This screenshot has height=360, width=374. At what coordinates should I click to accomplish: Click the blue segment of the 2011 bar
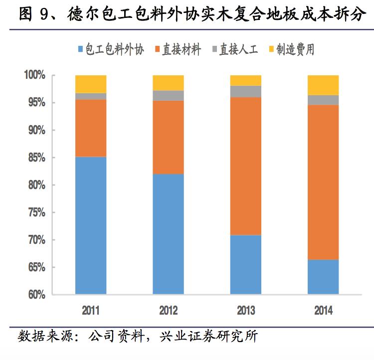coord(91,225)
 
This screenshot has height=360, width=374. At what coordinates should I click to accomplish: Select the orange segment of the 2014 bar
coord(323,182)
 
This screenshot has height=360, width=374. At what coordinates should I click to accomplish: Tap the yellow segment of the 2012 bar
coord(168,83)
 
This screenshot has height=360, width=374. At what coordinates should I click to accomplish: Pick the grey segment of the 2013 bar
coord(245,91)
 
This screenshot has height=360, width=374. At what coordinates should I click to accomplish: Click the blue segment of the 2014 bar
coord(323,277)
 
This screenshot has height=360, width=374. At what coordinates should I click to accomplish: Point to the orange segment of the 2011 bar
coord(91,128)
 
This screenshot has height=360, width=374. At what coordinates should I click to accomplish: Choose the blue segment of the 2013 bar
coord(245,264)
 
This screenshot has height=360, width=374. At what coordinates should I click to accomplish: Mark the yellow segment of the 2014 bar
coord(323,85)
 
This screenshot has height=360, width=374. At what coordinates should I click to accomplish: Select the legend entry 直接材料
coord(179,49)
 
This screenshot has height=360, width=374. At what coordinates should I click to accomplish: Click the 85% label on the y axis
coord(36,158)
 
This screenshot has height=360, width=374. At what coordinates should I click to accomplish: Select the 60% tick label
coord(36,295)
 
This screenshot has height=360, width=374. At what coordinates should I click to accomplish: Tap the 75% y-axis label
coord(36,212)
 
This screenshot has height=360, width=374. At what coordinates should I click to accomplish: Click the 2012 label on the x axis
coord(168,311)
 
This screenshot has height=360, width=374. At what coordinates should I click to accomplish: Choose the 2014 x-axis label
coord(323,311)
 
